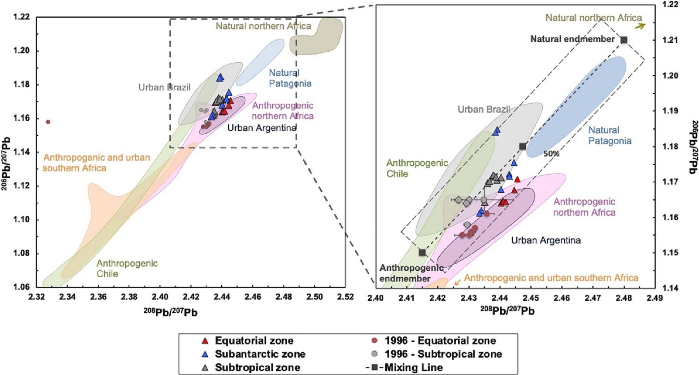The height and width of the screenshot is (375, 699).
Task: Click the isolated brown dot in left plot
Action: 48,122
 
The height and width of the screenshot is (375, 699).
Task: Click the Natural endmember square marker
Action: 624,40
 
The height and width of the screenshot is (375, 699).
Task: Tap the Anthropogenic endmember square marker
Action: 422,252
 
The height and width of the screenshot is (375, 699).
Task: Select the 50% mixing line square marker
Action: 523,146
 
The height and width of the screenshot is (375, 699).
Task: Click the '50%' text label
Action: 551,154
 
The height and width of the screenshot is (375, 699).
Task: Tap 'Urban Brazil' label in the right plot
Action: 484,109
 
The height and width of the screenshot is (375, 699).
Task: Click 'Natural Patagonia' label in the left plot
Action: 290,78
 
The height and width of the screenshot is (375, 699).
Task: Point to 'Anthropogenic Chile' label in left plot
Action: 127,268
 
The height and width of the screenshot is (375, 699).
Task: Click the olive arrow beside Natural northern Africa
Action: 640,26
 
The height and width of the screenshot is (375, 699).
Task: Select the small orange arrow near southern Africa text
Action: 457,282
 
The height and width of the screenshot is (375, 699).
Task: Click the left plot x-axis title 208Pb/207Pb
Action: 170,312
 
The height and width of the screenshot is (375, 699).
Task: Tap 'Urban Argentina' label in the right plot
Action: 545,240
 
